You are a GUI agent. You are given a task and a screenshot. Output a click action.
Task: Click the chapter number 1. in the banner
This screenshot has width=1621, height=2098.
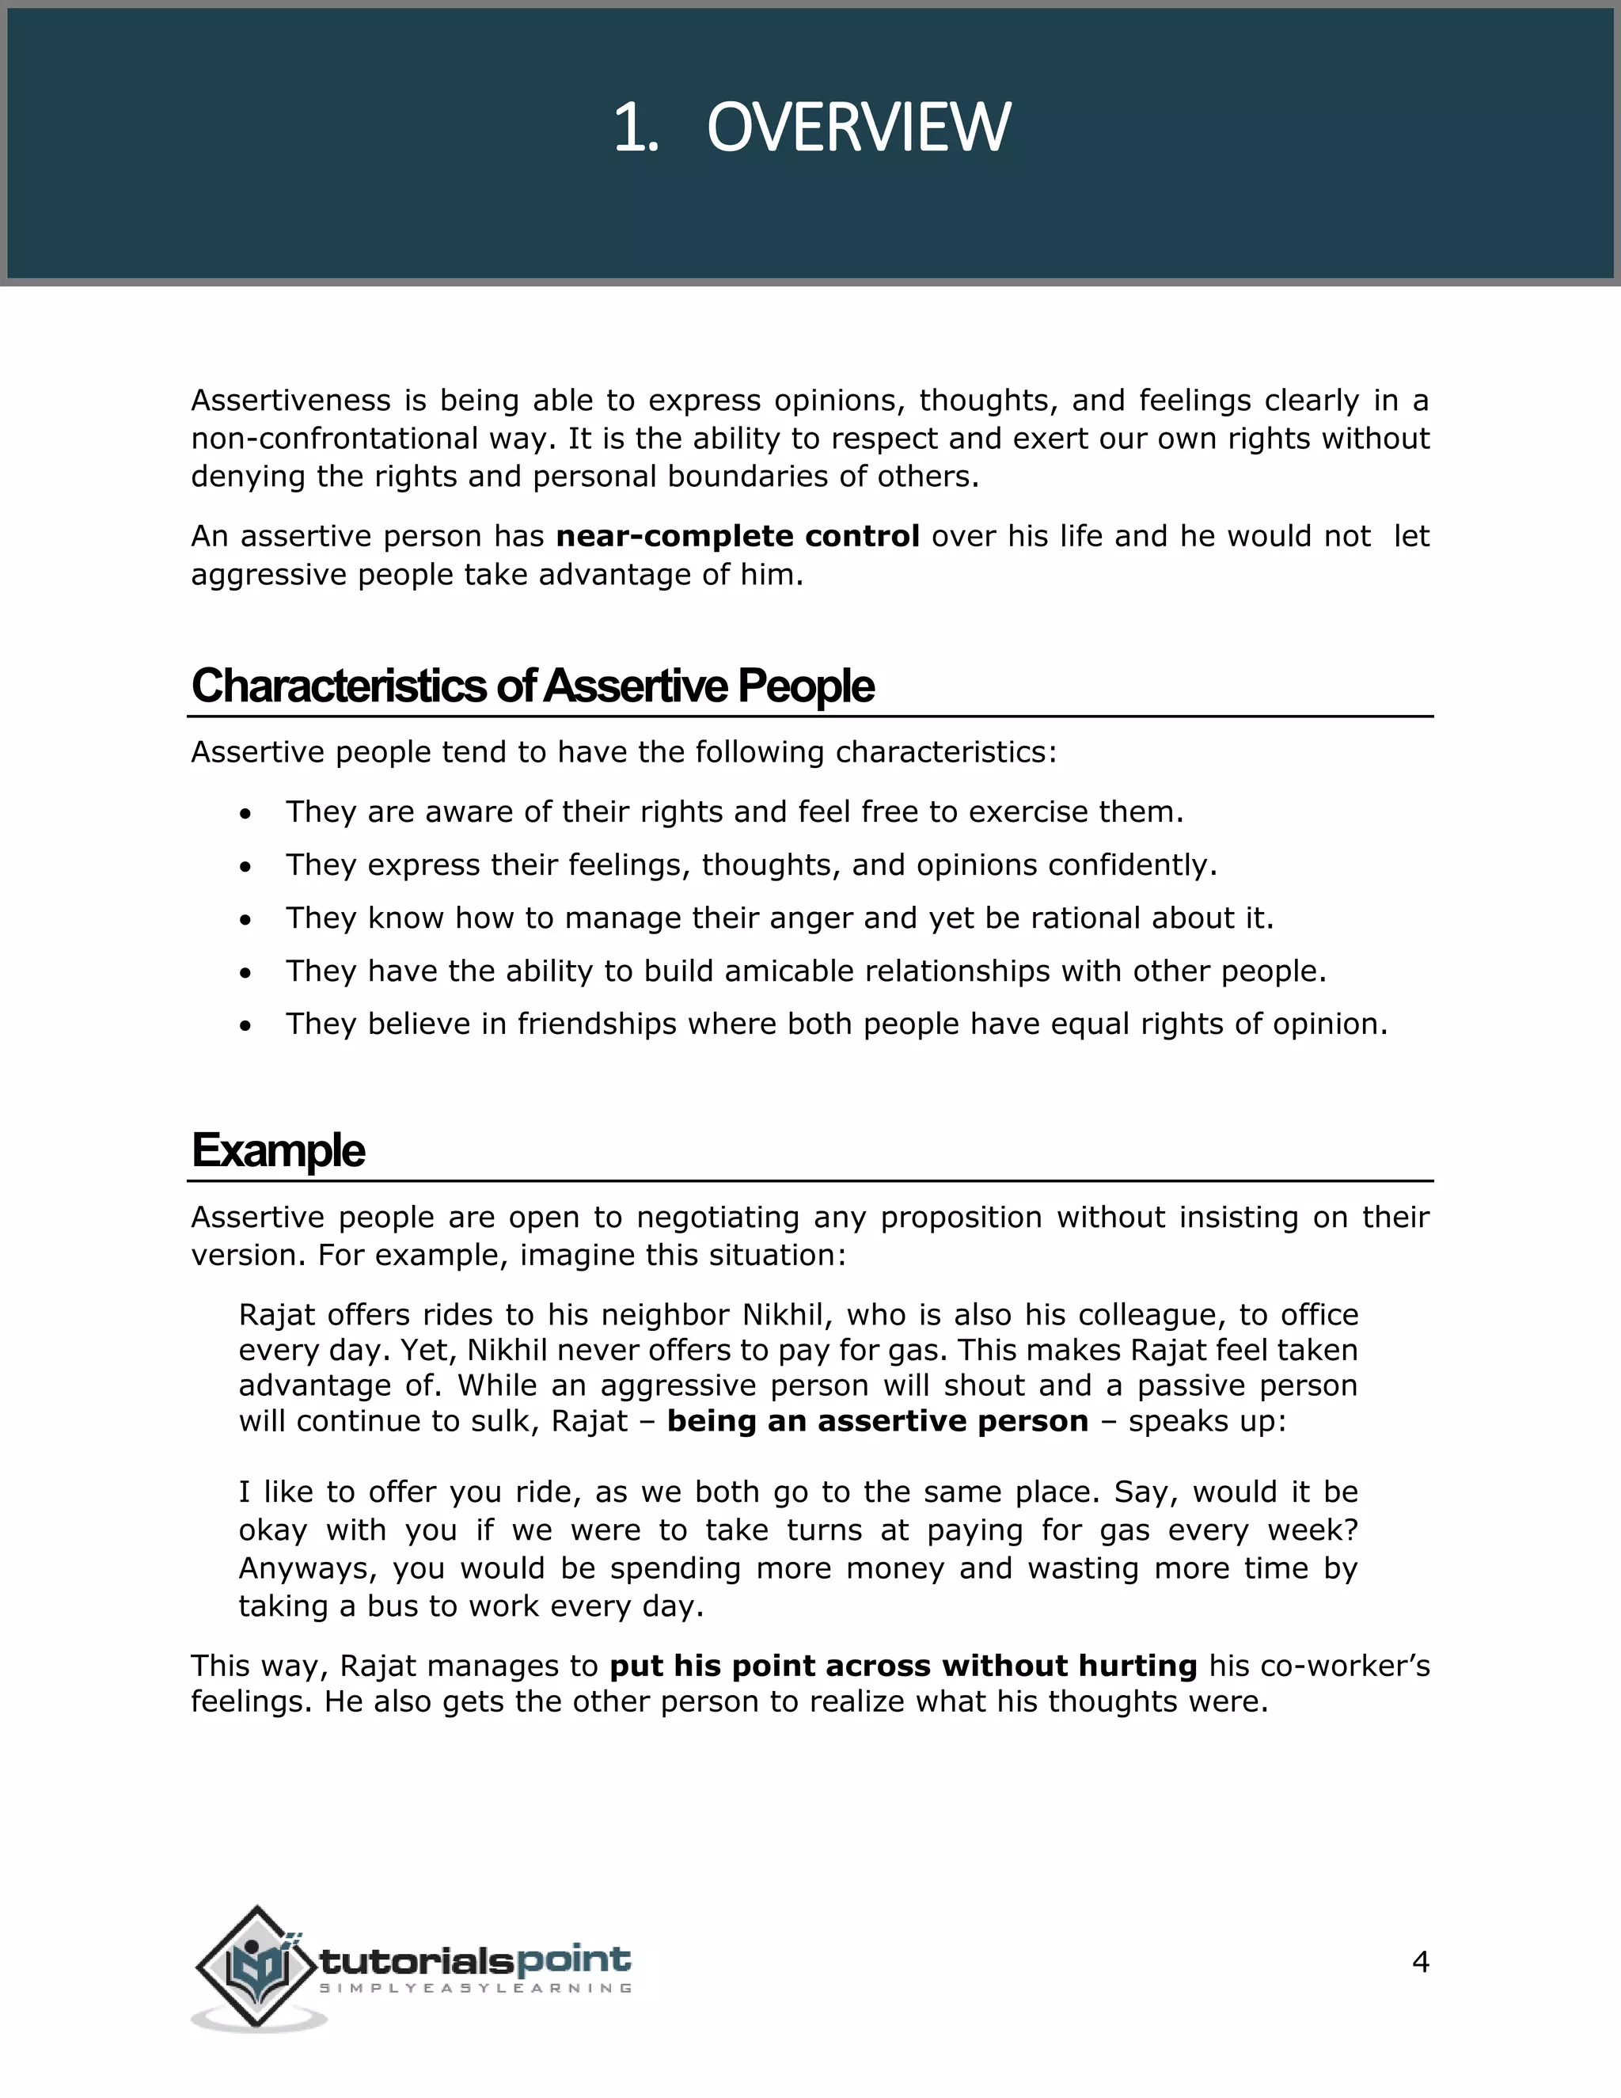pyautogui.click(x=636, y=127)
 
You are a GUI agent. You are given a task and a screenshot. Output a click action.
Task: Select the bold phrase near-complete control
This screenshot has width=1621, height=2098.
pyautogui.click(x=738, y=536)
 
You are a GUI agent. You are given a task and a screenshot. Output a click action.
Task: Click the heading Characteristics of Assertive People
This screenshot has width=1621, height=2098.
pyautogui.click(x=532, y=686)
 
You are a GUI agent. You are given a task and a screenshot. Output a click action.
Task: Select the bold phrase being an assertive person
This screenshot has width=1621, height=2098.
pyautogui.click(x=878, y=1421)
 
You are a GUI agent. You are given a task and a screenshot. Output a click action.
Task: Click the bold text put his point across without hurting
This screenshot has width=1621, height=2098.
pyautogui.click(x=902, y=1666)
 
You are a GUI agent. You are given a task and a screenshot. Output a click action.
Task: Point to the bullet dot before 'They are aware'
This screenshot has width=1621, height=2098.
pyautogui.click(x=247, y=814)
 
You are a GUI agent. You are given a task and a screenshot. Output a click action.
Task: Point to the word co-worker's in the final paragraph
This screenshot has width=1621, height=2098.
pyautogui.click(x=1361, y=1666)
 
